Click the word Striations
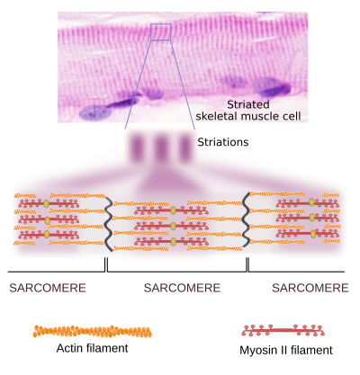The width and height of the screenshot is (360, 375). pyautogui.click(x=223, y=142)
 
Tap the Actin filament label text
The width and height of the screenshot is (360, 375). pyautogui.click(x=92, y=348)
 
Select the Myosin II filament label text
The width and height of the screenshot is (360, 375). pyautogui.click(x=286, y=350)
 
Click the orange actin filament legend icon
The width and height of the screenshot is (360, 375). pyautogui.click(x=93, y=331)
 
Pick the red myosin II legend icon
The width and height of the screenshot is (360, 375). pyautogui.click(x=283, y=330)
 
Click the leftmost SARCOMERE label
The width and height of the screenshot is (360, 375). pyautogui.click(x=48, y=288)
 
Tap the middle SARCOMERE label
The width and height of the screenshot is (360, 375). pyautogui.click(x=182, y=288)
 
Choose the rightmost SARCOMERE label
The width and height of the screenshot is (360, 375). pyautogui.click(x=310, y=288)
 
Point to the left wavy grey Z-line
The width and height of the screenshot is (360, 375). pyautogui.click(x=108, y=224)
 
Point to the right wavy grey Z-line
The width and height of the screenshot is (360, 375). pyautogui.click(x=247, y=220)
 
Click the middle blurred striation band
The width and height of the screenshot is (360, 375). pyautogui.click(x=161, y=147)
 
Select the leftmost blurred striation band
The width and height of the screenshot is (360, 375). pyautogui.click(x=138, y=147)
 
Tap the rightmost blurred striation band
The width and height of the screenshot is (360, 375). pyautogui.click(x=184, y=147)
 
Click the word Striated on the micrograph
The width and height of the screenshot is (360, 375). pyautogui.click(x=248, y=104)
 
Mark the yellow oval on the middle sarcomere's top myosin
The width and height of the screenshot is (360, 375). pyautogui.click(x=173, y=210)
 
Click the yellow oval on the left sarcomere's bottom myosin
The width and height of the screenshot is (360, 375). pyautogui.click(x=47, y=234)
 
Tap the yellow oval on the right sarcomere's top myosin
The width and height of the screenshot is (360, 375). pyautogui.click(x=312, y=202)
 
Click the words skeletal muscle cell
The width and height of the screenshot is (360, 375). pyautogui.click(x=248, y=116)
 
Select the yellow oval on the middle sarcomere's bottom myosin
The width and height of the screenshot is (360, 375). pyautogui.click(x=174, y=241)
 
